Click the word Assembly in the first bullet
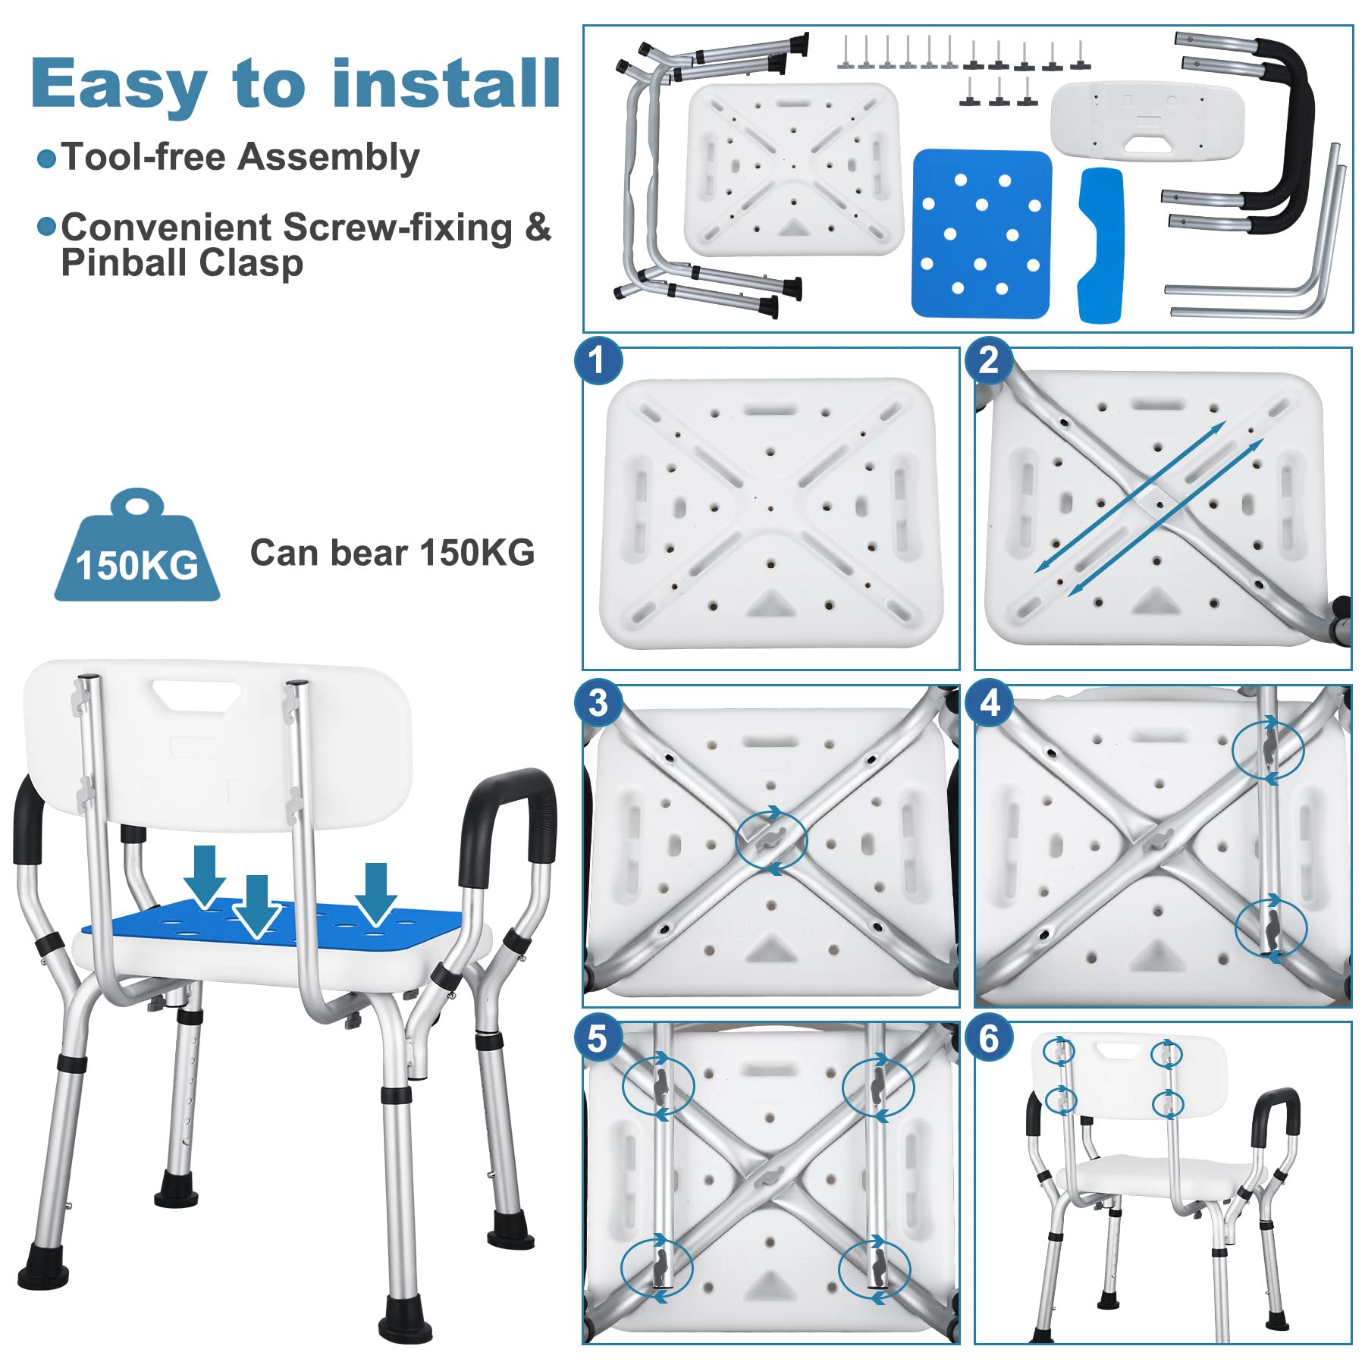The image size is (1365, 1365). pos(328,158)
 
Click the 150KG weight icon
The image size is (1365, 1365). pos(137,545)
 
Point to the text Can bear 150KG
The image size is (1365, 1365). pos(392,553)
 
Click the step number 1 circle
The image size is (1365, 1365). pos(598,360)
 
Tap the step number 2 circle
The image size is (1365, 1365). pos(989,360)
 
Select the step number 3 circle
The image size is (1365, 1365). pos(598,703)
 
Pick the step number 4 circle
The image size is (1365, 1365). pos(989,703)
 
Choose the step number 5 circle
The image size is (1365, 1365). pos(598,1038)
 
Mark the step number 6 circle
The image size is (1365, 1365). pos(989,1038)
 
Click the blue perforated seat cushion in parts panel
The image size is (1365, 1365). pos(981,234)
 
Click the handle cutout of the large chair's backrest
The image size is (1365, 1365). pos(196,695)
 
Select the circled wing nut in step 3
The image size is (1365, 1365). pos(770,839)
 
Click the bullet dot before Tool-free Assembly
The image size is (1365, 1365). pos(47,158)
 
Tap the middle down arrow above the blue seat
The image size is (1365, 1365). pos(257,907)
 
